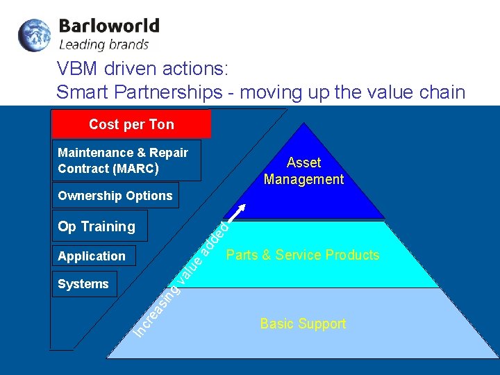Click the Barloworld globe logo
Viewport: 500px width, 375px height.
pyautogui.click(x=34, y=35)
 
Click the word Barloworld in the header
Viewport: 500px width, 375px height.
pyautogui.click(x=109, y=26)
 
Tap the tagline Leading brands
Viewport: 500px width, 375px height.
pyautogui.click(x=103, y=45)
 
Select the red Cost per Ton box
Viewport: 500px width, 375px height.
pyautogui.click(x=131, y=124)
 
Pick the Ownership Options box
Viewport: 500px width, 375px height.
pyautogui.click(x=115, y=196)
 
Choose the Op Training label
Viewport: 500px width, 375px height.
pyautogui.click(x=97, y=226)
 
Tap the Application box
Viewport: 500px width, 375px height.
pyautogui.click(x=92, y=256)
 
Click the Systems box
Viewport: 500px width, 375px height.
pyautogui.click(x=83, y=284)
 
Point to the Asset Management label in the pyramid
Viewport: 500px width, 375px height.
pyautogui.click(x=303, y=171)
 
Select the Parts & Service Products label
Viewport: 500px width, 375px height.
pyautogui.click(x=303, y=255)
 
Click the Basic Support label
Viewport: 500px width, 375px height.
pyautogui.click(x=303, y=324)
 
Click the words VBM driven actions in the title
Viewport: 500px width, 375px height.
pyautogui.click(x=142, y=69)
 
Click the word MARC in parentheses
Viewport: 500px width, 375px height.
pyautogui.click(x=138, y=169)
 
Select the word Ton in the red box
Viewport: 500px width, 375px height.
pyautogui.click(x=161, y=124)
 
